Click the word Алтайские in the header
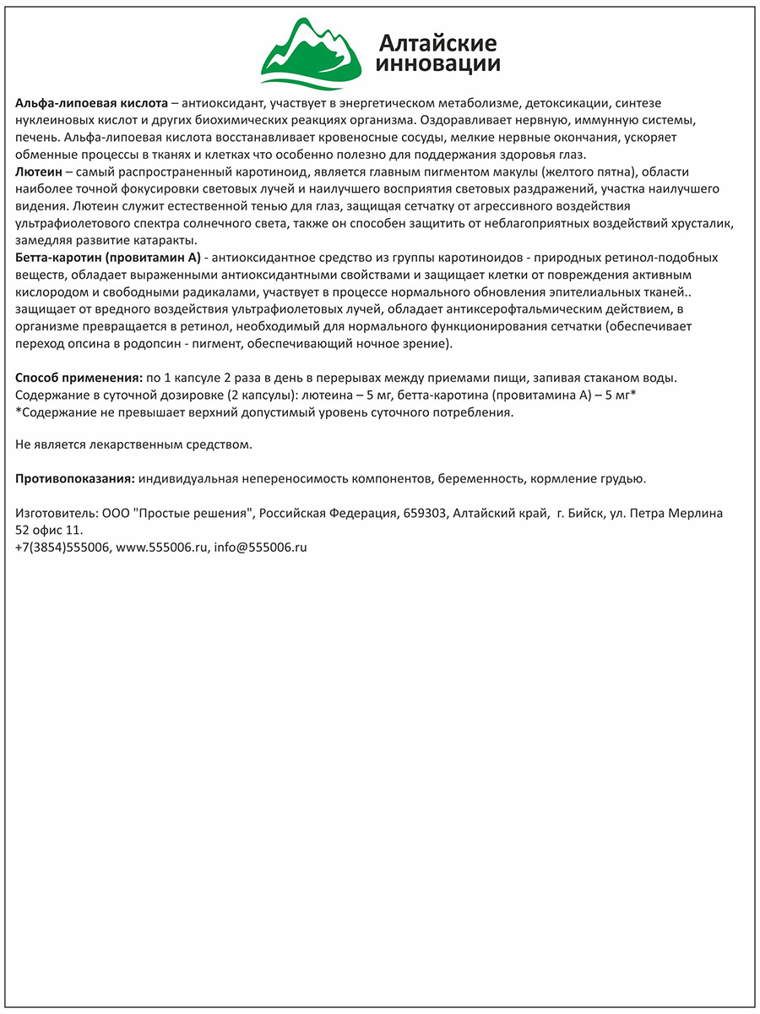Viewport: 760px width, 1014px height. (x=437, y=42)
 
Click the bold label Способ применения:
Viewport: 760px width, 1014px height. (x=79, y=377)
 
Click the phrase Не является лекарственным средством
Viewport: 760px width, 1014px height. (x=133, y=444)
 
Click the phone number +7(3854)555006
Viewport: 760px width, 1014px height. (x=62, y=547)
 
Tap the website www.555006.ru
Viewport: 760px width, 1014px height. (x=161, y=547)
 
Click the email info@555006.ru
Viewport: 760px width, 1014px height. (x=260, y=547)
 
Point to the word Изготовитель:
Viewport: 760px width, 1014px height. (x=56, y=513)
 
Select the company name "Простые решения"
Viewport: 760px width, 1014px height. (x=204, y=513)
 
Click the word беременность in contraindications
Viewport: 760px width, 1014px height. (x=481, y=478)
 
